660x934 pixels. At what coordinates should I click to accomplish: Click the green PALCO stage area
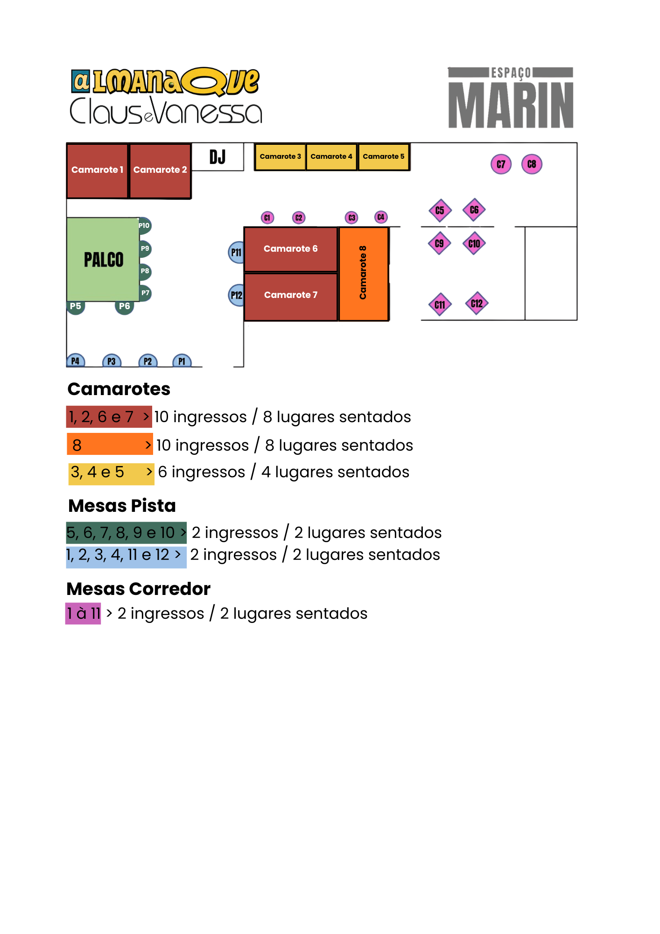coord(103,259)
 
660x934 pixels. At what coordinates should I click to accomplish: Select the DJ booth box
coord(218,157)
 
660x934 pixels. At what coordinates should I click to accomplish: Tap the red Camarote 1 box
coord(97,171)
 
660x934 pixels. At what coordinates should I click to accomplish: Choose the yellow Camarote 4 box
coord(331,157)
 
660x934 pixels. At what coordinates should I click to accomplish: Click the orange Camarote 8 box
coord(364,274)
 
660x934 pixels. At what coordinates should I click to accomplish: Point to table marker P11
coord(236,253)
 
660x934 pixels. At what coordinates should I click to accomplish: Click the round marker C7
coord(501,164)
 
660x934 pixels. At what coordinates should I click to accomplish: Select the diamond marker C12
coord(477,304)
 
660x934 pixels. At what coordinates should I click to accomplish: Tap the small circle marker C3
coord(351,218)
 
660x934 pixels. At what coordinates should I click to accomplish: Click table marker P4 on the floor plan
coord(75,361)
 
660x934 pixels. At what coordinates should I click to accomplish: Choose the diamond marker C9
coord(439,243)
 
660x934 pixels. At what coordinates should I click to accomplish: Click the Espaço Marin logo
coord(511,97)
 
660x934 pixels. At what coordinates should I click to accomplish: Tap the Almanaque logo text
coord(165,81)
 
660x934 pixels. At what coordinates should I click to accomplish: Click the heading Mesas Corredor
coord(139,589)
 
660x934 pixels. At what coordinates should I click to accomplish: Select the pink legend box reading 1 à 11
coord(83,614)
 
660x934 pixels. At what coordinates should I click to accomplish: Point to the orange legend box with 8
coord(110,444)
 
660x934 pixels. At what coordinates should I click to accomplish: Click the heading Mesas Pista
coord(122,506)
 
